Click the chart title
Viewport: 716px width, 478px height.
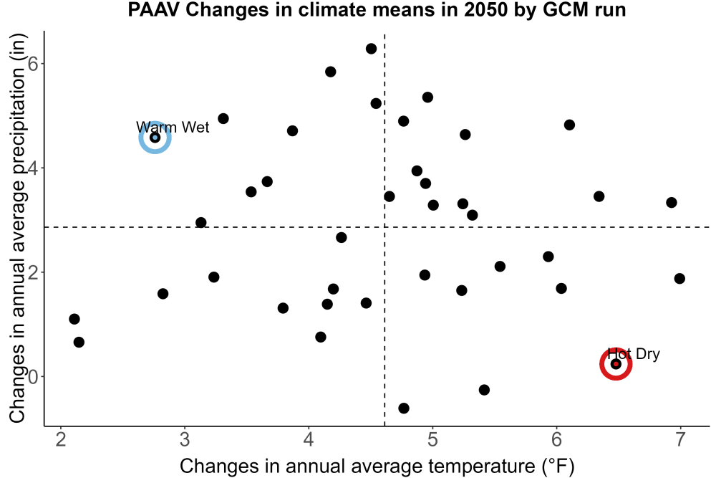(x=377, y=10)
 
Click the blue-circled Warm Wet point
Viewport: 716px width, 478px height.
(x=155, y=137)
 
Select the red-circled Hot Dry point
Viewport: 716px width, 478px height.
(x=616, y=364)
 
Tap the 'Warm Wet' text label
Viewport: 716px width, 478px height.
(x=173, y=127)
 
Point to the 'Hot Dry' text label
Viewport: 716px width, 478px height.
(x=634, y=354)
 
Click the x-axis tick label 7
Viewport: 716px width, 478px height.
(x=680, y=439)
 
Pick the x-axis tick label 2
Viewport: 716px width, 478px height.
(x=61, y=439)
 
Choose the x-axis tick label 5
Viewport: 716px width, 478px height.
(x=432, y=439)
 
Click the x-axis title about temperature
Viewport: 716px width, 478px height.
(x=377, y=467)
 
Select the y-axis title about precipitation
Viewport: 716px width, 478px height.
(x=17, y=229)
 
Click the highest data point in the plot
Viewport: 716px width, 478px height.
(x=371, y=49)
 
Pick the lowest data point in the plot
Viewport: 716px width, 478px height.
(x=404, y=408)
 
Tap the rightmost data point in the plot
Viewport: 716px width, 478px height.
(x=679, y=278)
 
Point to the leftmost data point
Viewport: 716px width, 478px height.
(x=74, y=319)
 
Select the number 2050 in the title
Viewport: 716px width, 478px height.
(x=485, y=10)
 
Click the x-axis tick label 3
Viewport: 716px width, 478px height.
(x=185, y=439)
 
